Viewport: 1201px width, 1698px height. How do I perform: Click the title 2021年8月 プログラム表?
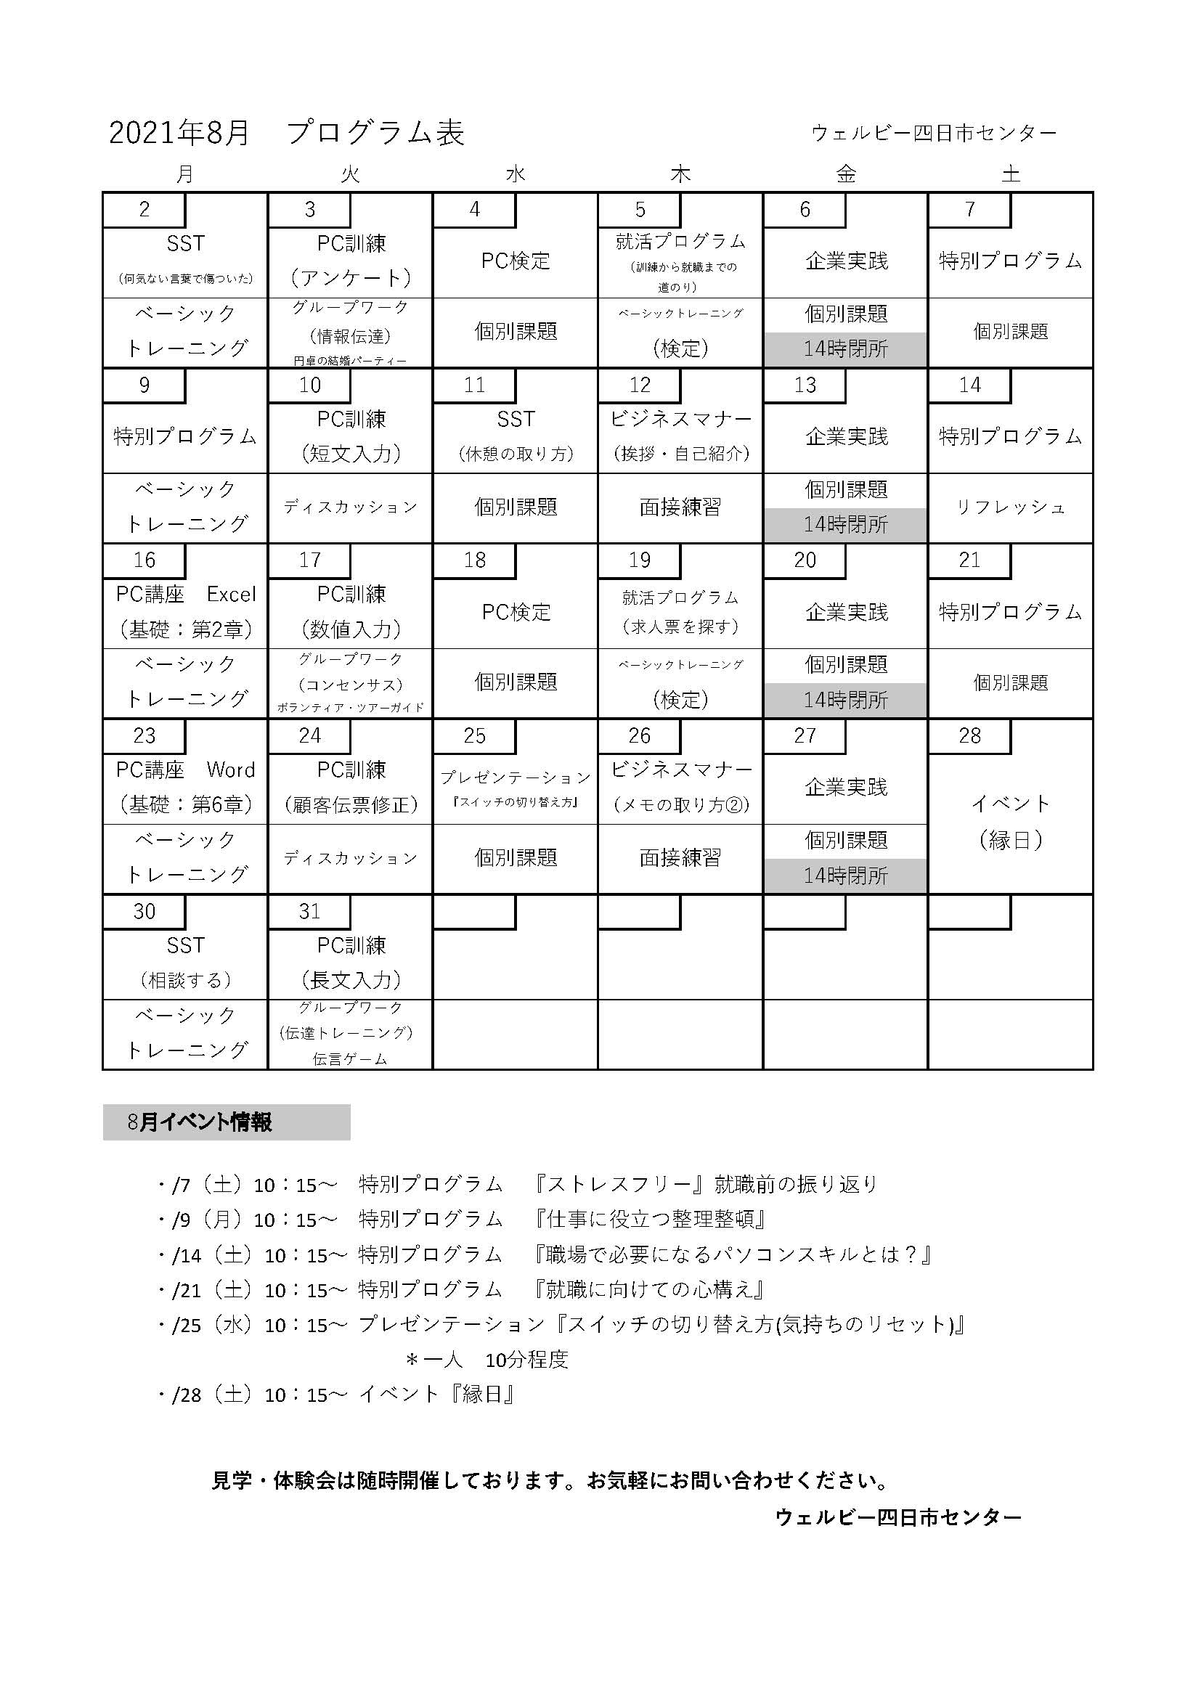287,133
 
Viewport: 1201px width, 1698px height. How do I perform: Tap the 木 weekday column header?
680,174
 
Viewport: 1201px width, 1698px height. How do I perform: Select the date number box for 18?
475,560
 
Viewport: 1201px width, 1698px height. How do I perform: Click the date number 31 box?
310,911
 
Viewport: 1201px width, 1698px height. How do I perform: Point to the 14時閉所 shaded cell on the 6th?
845,349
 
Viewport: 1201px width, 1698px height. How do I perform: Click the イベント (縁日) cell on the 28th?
1010,822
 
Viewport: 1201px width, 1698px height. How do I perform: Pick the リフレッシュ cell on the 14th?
1010,507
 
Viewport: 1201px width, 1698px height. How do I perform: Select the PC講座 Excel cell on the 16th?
186,611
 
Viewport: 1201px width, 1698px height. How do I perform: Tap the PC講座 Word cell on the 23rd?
186,787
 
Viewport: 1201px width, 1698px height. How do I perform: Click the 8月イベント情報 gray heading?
227,1122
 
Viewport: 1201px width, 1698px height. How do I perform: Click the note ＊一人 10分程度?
487,1359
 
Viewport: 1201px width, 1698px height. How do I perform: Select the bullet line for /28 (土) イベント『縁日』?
337,1395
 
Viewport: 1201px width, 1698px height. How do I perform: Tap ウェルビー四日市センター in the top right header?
934,133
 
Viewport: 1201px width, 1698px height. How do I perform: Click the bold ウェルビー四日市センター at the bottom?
897,1517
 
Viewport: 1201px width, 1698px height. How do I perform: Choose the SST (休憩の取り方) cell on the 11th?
516,436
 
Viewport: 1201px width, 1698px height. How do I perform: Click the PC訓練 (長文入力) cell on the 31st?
351,962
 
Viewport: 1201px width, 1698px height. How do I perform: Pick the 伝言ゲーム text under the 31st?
350,1059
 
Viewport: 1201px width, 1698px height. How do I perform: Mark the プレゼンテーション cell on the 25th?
516,787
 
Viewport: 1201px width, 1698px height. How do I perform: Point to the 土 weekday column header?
1010,174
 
